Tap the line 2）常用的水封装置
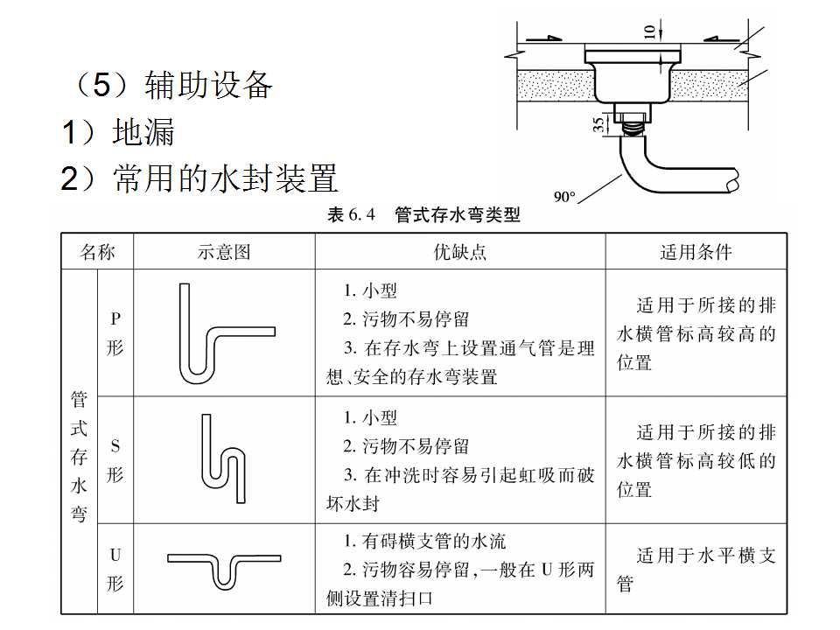click(199, 178)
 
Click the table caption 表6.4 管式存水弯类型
click(423, 215)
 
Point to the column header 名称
click(97, 252)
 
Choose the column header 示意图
click(224, 252)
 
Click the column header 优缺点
click(460, 252)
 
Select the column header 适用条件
click(696, 252)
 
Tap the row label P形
click(115, 333)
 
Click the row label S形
click(115, 460)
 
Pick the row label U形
click(115, 569)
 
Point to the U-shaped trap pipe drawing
click(224, 568)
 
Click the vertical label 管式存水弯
click(79, 457)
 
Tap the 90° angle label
click(564, 196)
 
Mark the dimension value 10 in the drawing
click(649, 31)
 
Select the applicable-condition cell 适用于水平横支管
click(696, 569)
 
